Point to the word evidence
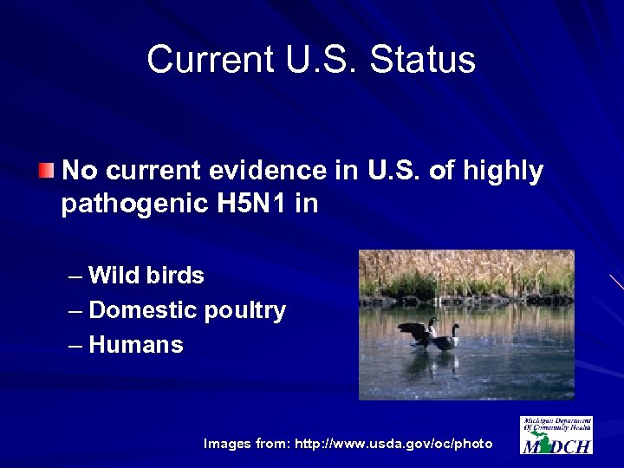coord(293,172)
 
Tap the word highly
coord(503,172)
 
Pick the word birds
coord(176,276)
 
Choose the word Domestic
coord(144,310)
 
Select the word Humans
coord(136,345)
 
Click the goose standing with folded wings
coord(447,339)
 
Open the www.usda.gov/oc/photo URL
coord(393,444)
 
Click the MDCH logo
coord(556,435)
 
